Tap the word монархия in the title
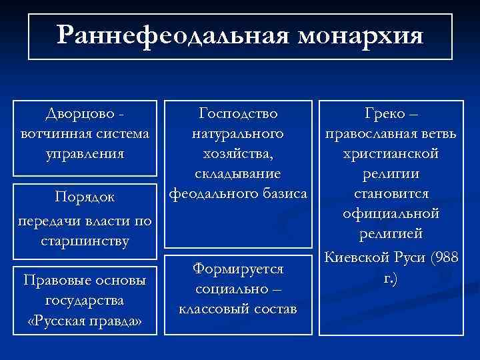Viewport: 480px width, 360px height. coord(361,35)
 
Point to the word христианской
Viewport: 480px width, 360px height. coord(390,153)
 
